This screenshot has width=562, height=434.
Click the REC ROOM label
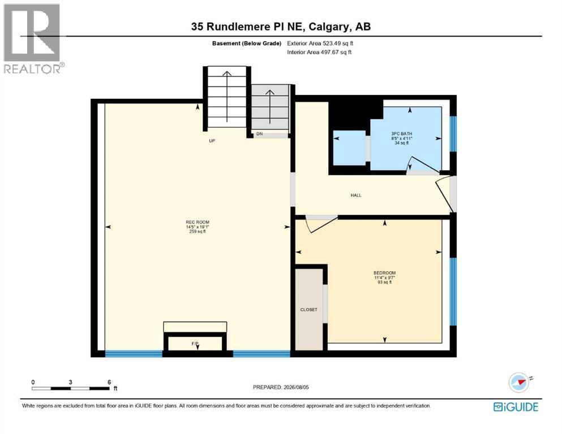198,222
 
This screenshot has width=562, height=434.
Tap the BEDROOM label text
385,273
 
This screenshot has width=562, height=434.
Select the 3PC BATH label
401,134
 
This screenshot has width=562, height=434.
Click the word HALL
356,196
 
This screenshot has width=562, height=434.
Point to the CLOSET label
308,310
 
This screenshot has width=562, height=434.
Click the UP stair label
212,141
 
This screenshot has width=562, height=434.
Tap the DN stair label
260,134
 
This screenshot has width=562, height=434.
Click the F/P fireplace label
195,344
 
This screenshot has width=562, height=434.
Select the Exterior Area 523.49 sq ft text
320,44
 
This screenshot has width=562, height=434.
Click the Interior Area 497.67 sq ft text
319,52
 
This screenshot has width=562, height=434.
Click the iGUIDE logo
516,407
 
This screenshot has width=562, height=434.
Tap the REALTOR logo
33,38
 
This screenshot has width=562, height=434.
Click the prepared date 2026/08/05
296,387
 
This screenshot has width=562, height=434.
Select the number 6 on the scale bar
109,382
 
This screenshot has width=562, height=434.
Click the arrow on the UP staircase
226,97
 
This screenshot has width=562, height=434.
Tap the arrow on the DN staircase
269,108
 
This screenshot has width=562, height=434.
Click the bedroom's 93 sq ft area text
385,283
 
